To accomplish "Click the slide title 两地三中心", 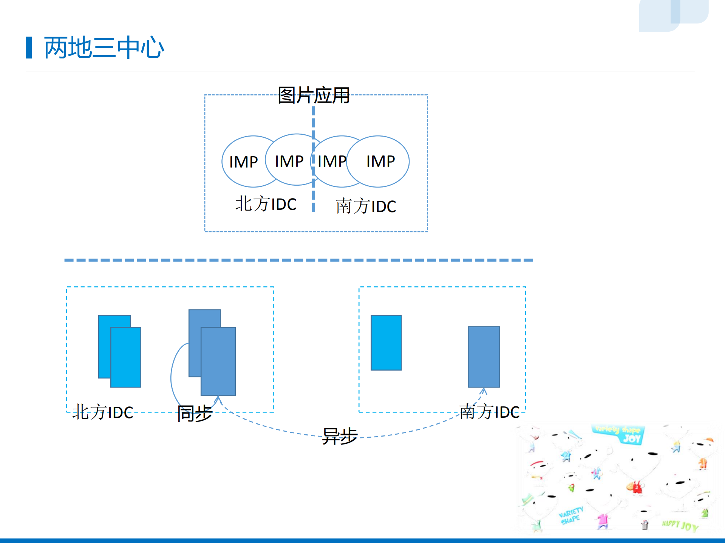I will pos(104,48).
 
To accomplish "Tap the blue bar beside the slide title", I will pos(29,48).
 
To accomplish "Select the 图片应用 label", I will pos(314,95).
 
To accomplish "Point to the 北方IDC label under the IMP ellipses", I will pos(266,204).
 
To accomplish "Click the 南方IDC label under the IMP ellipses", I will pos(366,206).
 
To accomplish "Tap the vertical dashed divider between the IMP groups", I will pos(313,125).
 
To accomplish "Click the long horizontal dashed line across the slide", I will pos(298,260).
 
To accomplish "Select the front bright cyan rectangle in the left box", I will pos(126,357).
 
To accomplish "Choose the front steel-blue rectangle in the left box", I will pos(218,361).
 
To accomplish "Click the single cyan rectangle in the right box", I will pos(386,343).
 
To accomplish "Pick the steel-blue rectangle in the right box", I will pos(484,357).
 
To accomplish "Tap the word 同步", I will pos(195,414).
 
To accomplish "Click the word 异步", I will pos(340,436).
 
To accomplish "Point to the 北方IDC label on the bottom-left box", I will pos(103,412).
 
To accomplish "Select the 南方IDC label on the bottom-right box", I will pos(489,412).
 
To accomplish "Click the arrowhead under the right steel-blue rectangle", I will pos(484,391).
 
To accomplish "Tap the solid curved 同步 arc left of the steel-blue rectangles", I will pos(172,377).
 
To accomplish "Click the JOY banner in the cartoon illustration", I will pos(619,434).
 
